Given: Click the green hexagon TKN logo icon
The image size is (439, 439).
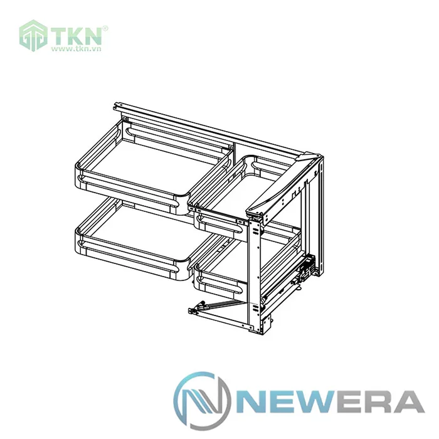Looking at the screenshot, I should click(33, 36).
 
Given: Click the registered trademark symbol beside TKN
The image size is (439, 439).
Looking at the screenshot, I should click(105, 28).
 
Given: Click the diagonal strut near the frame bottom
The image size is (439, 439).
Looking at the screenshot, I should click(219, 304).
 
